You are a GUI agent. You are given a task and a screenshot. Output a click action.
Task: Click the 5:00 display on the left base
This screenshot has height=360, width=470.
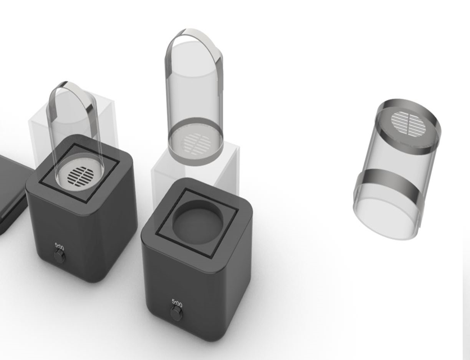pyautogui.click(x=60, y=247)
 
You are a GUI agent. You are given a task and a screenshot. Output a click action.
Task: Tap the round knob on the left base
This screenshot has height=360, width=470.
pyautogui.click(x=60, y=257)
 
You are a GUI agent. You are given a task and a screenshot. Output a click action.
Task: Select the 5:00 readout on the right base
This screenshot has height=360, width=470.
pyautogui.click(x=177, y=303)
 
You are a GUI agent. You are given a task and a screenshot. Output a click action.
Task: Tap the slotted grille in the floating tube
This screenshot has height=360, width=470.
pyautogui.click(x=196, y=144)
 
